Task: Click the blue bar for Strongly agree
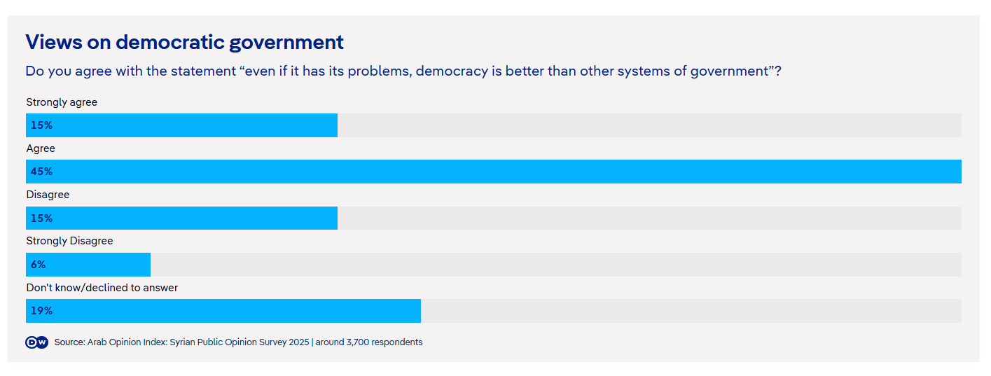point(182,125)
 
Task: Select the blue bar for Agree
point(493,172)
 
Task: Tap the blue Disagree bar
point(182,218)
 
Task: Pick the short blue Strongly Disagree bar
point(88,265)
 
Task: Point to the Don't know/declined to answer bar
point(223,311)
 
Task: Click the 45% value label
point(41,172)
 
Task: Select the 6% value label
point(38,265)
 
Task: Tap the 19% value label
point(41,311)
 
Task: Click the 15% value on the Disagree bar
point(41,218)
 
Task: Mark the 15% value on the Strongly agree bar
point(41,125)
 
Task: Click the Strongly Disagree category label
point(69,241)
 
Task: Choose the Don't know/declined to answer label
point(102,288)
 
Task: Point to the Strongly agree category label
point(62,102)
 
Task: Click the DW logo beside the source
point(36,342)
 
